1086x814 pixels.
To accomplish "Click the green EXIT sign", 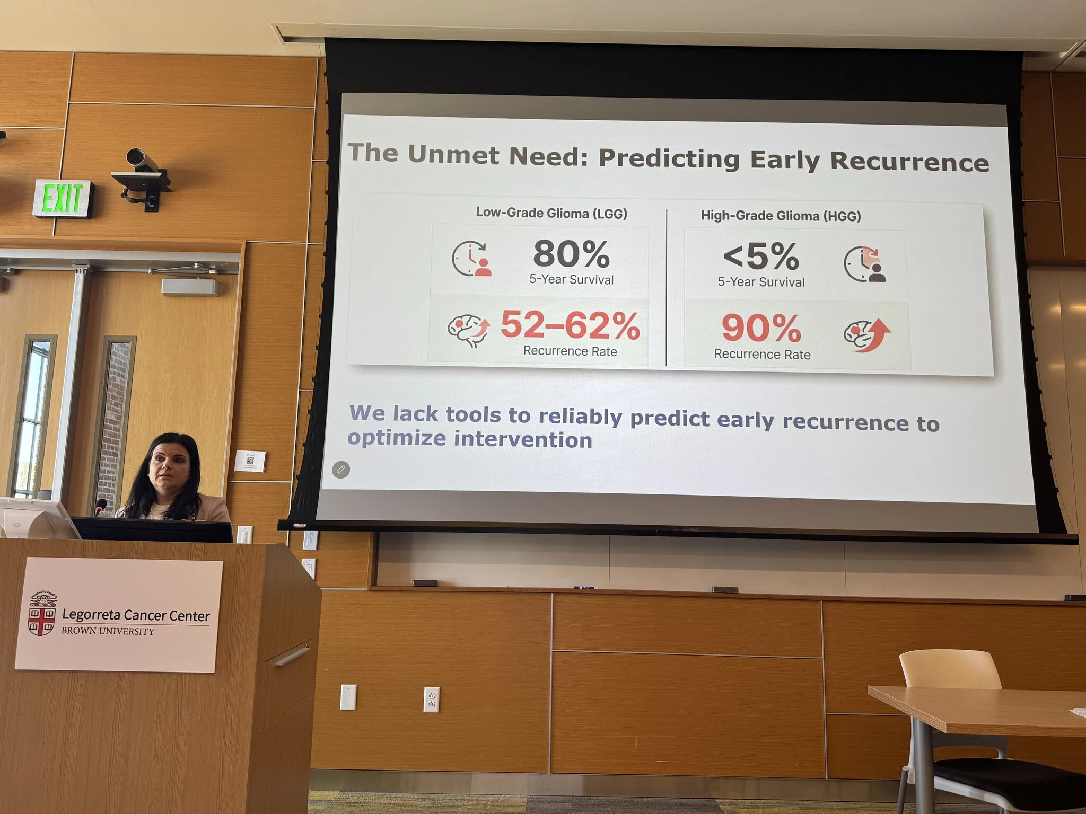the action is tap(63, 199).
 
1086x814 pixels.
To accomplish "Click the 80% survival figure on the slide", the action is tap(572, 254).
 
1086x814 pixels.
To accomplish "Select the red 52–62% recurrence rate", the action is tap(571, 325).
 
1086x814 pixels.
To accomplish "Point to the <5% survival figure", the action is tap(761, 256).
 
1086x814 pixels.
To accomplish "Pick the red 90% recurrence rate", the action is tap(761, 328).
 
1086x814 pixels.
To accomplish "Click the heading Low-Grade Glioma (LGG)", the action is tap(551, 213).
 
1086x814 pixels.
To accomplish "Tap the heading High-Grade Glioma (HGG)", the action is tap(781, 216).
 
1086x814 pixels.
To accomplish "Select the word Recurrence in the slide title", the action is tap(909, 161).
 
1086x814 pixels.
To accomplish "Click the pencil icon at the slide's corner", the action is tap(341, 470).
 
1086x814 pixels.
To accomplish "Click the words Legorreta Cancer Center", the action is tap(136, 615).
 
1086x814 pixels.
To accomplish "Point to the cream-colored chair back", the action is tap(949, 669).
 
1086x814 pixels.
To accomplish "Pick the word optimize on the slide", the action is tap(397, 439).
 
